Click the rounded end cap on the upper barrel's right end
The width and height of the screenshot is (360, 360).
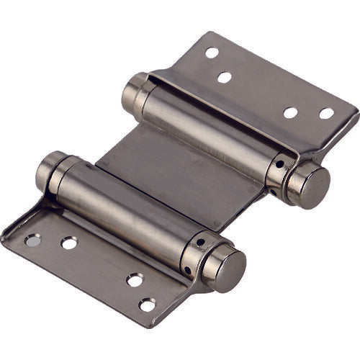click(312, 185)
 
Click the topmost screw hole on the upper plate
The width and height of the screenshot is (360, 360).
click(212, 53)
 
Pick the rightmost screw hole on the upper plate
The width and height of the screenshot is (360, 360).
click(327, 113)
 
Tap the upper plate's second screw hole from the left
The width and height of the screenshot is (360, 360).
click(225, 77)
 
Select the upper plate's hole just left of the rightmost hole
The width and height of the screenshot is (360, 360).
click(290, 112)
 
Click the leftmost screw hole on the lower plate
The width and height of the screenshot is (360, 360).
click(32, 240)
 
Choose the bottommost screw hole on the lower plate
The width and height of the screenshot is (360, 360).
click(147, 305)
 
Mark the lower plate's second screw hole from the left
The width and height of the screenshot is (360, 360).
click(69, 243)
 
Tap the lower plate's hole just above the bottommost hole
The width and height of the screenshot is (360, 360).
click(135, 279)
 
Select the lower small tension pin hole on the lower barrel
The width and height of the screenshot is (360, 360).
click(187, 270)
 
